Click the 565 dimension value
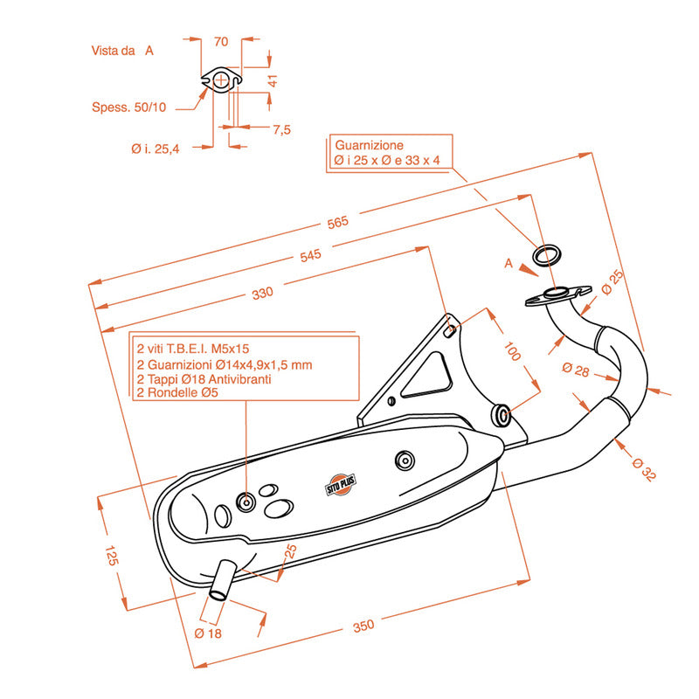[337, 222]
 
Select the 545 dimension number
[310, 255]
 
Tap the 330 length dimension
[263, 293]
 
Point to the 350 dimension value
[363, 626]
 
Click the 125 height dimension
[112, 555]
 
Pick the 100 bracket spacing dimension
[512, 351]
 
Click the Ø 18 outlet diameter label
[208, 633]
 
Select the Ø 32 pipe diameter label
[644, 469]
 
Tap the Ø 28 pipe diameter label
[576, 369]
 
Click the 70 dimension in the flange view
[221, 41]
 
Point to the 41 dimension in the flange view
[272, 80]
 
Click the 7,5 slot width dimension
[281, 129]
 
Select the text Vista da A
[122, 51]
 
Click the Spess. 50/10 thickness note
[128, 107]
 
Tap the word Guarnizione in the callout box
[369, 145]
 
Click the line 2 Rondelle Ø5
[177, 392]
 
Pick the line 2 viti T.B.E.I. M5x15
[192, 349]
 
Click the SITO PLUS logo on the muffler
[341, 485]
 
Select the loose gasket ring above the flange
[547, 255]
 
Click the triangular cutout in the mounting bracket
[426, 376]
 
